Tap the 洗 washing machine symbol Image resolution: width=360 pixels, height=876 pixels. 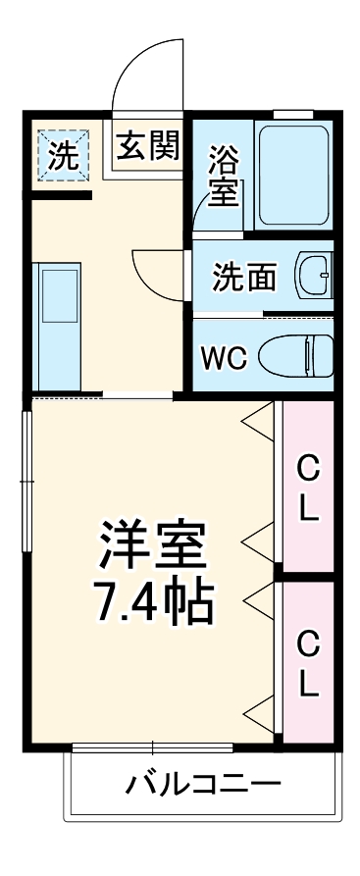point(63,152)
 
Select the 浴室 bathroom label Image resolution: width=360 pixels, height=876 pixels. point(224,175)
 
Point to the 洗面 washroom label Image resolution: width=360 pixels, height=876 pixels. point(245,278)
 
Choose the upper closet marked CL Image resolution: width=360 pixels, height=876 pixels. point(308,490)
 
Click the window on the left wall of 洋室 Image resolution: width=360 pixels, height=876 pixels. point(26,481)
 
